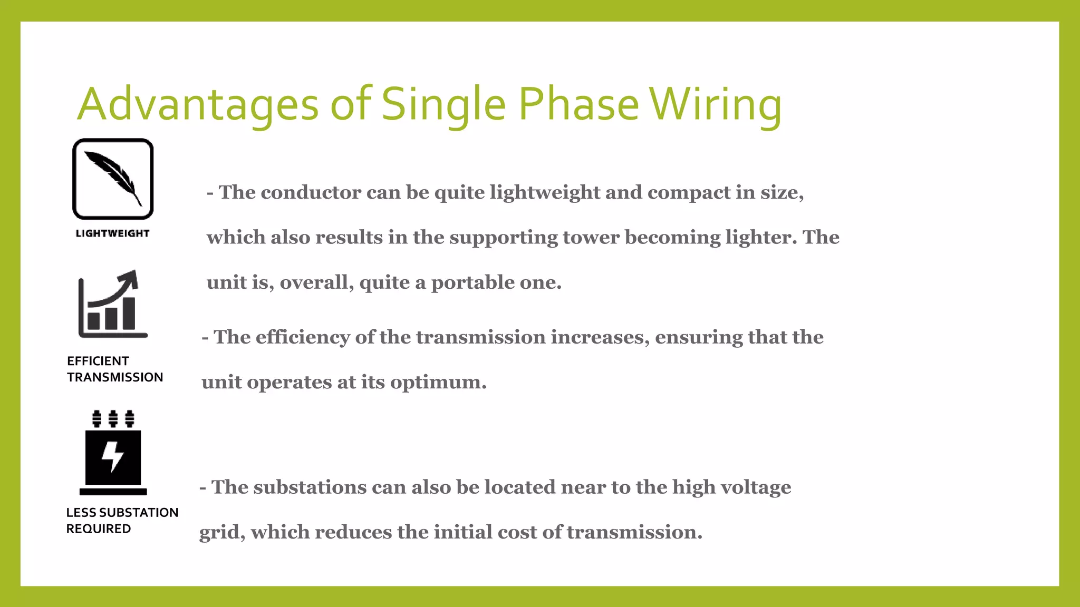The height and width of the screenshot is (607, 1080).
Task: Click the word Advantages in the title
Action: (198, 104)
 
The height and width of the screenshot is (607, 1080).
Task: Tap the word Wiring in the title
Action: (715, 104)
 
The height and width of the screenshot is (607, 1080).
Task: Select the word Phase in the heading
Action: (578, 104)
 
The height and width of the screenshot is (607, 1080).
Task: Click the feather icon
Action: (113, 178)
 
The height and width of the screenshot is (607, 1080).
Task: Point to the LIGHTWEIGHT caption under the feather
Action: (113, 233)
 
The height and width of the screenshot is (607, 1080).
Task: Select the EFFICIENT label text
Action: (98, 361)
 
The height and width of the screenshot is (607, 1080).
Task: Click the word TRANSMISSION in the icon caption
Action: (115, 377)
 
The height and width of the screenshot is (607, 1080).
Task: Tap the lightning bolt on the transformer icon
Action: (113, 455)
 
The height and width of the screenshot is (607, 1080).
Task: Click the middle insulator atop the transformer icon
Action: (113, 418)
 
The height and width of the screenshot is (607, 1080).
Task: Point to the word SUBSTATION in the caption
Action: (139, 513)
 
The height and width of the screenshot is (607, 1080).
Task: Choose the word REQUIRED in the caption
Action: (99, 529)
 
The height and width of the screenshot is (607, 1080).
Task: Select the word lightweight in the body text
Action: (545, 193)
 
